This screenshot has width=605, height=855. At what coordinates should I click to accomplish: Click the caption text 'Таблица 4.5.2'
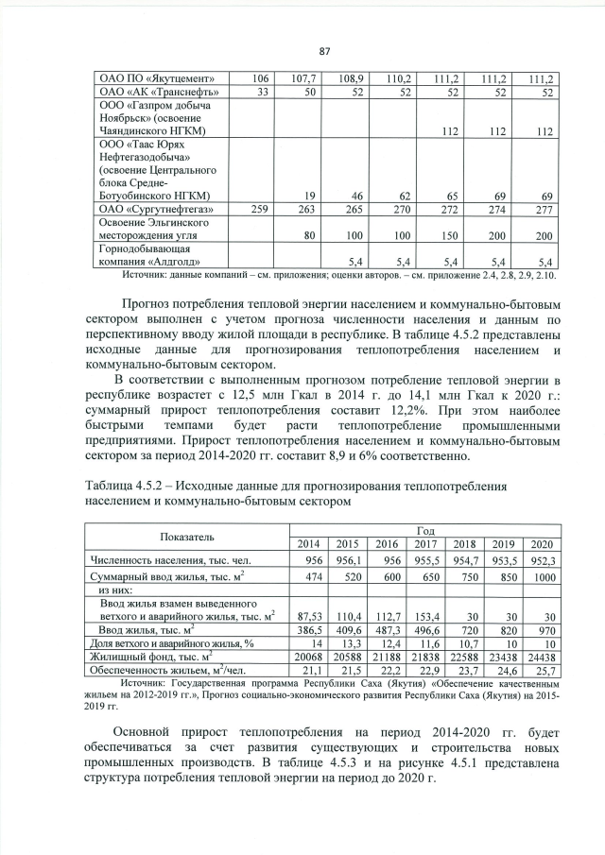tap(121, 485)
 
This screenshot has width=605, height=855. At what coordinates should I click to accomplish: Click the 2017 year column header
tap(424, 543)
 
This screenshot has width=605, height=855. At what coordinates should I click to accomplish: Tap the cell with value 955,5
tap(424, 558)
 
